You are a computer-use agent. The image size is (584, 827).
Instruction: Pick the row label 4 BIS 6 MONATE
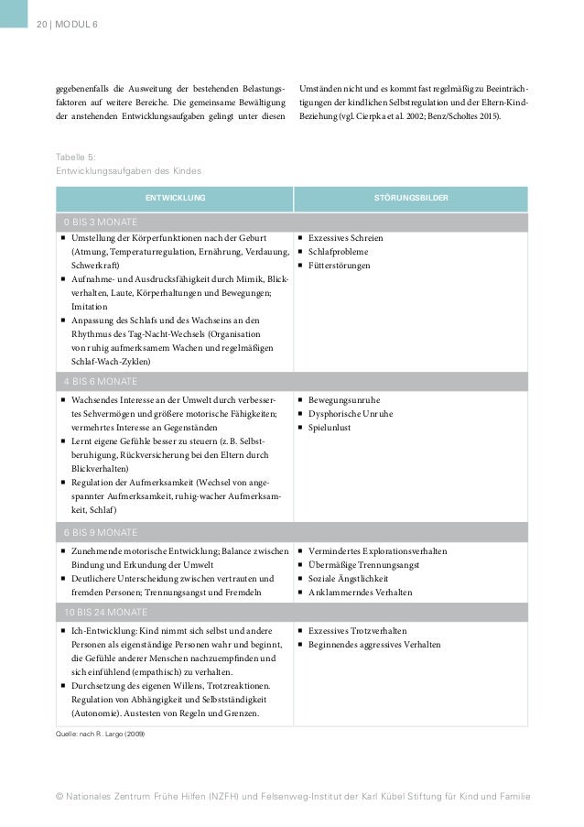coord(101,381)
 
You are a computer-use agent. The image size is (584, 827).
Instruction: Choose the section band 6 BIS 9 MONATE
coord(101,533)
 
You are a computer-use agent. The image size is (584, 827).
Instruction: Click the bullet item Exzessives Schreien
coord(345,238)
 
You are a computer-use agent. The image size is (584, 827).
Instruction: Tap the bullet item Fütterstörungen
coord(339,266)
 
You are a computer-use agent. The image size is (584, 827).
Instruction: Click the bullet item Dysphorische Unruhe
coord(351,414)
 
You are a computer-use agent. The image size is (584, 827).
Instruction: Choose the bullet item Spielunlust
coord(332,428)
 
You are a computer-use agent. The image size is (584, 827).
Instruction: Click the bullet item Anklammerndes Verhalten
coord(360,593)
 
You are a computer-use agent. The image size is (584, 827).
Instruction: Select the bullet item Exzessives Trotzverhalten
coord(358,631)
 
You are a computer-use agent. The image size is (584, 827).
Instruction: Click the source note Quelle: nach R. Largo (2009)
coord(100,735)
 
